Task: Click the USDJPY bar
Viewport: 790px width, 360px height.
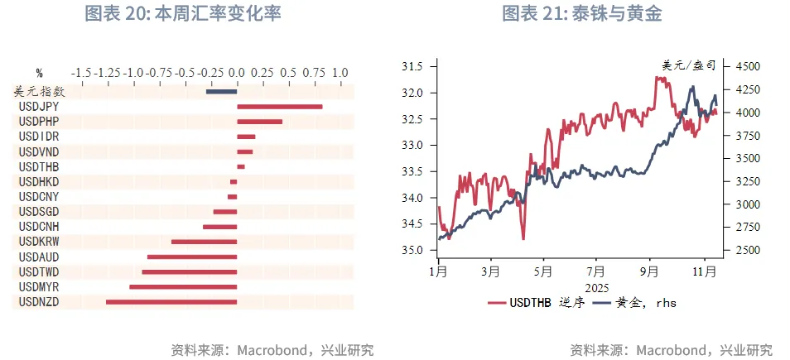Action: point(279,106)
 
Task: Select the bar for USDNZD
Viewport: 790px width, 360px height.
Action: point(171,302)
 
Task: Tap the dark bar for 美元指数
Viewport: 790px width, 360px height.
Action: point(221,91)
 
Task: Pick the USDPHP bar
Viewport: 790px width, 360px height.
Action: point(259,122)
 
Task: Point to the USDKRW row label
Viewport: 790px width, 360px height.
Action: point(37,242)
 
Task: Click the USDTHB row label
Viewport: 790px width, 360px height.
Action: point(37,166)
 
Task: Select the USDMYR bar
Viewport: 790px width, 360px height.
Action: point(183,286)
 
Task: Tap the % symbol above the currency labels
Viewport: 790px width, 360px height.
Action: point(39,73)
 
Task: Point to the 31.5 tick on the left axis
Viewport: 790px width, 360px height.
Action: point(412,66)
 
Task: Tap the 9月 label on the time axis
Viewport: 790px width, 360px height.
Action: point(649,271)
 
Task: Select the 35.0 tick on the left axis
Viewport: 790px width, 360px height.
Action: point(412,250)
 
